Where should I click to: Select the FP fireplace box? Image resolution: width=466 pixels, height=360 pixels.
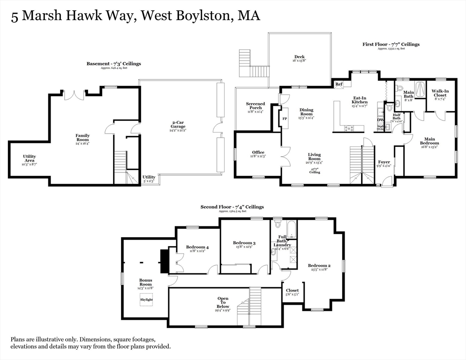(284, 119)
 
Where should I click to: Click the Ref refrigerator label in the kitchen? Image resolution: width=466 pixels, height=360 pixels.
(339, 84)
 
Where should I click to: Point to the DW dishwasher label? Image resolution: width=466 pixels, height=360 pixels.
(380, 120)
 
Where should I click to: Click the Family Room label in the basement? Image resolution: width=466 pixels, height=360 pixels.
(83, 138)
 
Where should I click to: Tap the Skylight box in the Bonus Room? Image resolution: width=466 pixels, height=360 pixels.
(146, 300)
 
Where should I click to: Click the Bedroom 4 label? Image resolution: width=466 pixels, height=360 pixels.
(197, 247)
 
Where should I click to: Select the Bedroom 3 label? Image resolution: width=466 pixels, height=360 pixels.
(244, 243)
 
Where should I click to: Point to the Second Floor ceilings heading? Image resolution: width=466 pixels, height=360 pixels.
(232, 207)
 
